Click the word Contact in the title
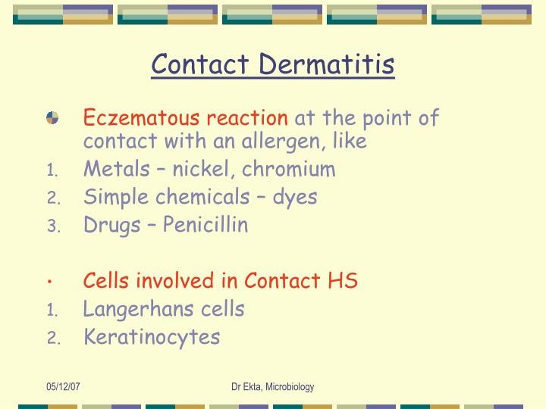[x=201, y=64]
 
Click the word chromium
[x=289, y=169]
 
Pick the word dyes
[x=295, y=197]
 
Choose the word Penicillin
[x=203, y=225]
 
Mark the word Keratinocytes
[x=152, y=337]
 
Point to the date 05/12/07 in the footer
[x=63, y=387]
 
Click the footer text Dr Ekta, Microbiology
[x=273, y=387]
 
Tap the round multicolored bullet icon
[x=52, y=117]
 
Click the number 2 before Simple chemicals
[x=52, y=198]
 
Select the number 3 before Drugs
[x=52, y=226]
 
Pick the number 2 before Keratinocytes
[x=52, y=339]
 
